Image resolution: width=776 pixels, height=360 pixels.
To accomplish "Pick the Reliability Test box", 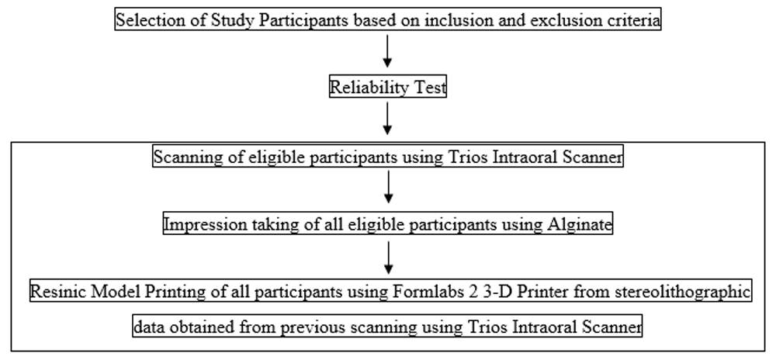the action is click(388, 88).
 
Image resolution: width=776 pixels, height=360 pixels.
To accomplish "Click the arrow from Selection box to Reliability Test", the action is click(387, 51).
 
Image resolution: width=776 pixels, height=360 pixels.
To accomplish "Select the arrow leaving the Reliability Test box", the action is click(387, 119).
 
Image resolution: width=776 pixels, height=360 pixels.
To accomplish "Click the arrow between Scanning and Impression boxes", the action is click(389, 186).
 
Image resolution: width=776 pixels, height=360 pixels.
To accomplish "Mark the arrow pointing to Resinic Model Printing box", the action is click(389, 257).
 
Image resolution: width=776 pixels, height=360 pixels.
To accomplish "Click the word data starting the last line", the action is click(149, 327).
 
